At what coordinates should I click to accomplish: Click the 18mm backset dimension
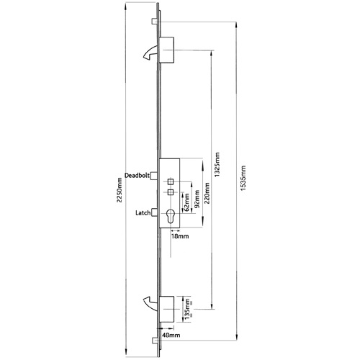click(179, 235)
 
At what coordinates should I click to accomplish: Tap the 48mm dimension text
click(171, 335)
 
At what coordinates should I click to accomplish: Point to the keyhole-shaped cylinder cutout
click(172, 217)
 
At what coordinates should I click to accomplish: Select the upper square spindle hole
click(171, 180)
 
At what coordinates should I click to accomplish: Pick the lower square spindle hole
click(171, 192)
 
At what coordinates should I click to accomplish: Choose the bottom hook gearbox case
click(167, 307)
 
